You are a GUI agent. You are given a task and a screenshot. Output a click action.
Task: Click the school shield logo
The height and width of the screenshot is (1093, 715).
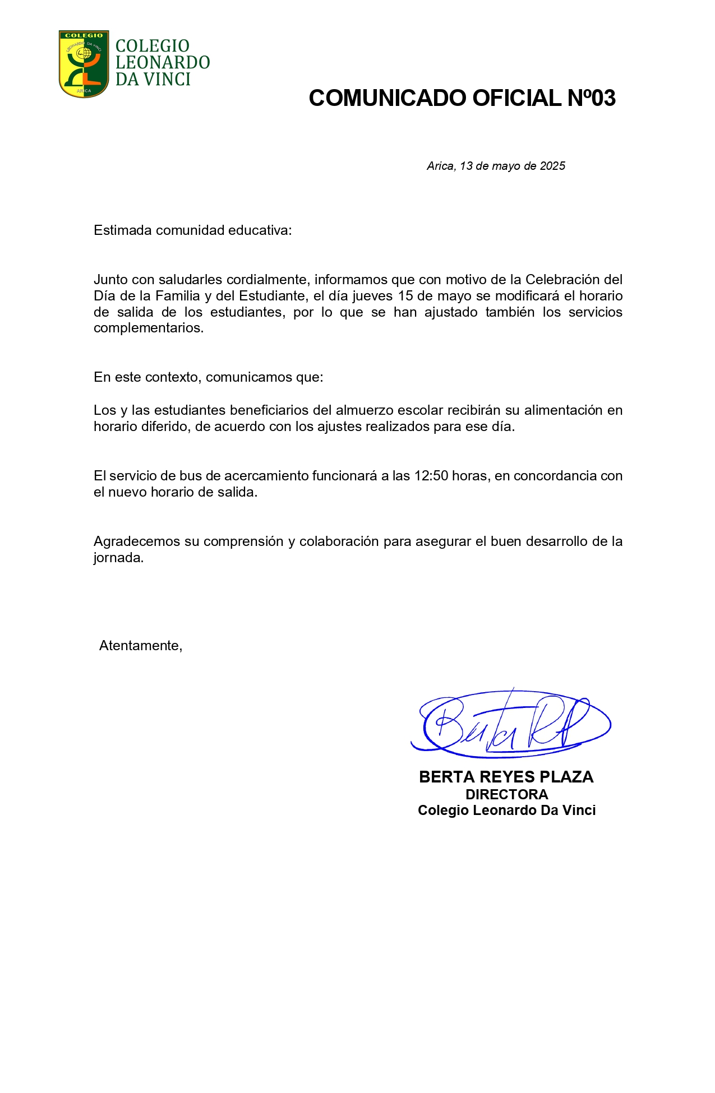84,63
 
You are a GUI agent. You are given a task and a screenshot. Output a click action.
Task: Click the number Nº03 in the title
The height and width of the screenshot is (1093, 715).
591,98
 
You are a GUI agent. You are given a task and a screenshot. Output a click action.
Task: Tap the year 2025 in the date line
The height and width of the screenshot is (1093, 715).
552,166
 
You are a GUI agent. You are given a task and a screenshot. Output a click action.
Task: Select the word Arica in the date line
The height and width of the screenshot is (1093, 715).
440,166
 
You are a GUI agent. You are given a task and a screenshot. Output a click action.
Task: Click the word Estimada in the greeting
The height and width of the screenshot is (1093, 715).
123,230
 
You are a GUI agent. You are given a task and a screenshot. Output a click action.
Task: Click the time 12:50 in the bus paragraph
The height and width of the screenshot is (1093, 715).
431,476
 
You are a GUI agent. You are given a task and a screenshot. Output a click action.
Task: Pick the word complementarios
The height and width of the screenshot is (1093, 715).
148,328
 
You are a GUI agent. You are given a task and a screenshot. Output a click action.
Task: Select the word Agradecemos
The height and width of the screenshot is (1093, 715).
136,541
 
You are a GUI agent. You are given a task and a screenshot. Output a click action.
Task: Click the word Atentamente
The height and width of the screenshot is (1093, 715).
140,646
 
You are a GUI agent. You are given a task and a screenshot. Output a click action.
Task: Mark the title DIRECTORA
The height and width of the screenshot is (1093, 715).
506,794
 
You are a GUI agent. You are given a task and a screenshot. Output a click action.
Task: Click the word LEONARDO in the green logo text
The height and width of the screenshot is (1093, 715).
163,62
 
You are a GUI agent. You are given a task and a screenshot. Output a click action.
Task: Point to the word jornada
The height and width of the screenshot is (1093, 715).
118,558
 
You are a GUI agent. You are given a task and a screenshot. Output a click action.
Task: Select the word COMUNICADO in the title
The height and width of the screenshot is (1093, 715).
388,98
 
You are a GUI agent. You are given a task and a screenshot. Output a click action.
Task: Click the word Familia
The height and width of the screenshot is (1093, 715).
178,295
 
